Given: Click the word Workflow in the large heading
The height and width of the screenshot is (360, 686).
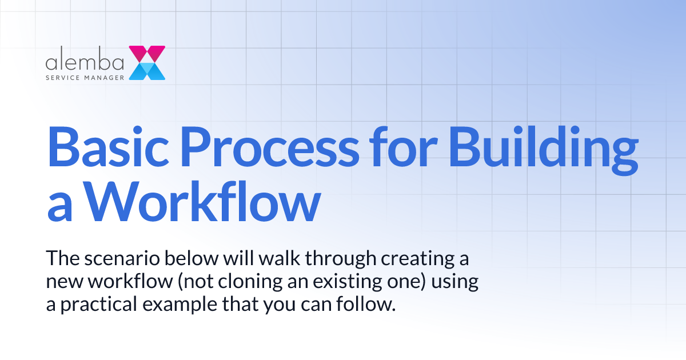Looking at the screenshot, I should [x=204, y=203].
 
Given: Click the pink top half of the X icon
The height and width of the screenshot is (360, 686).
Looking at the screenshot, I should [x=147, y=54].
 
